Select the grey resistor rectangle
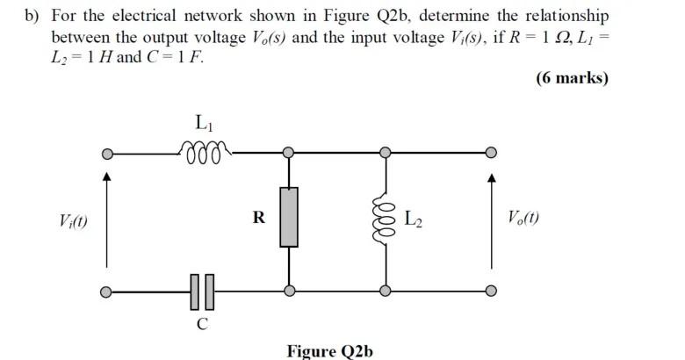[289, 216]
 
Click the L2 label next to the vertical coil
[415, 218]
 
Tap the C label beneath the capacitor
[202, 324]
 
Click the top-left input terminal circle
[107, 154]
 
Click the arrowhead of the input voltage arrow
[107, 178]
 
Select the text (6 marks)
[572, 78]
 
